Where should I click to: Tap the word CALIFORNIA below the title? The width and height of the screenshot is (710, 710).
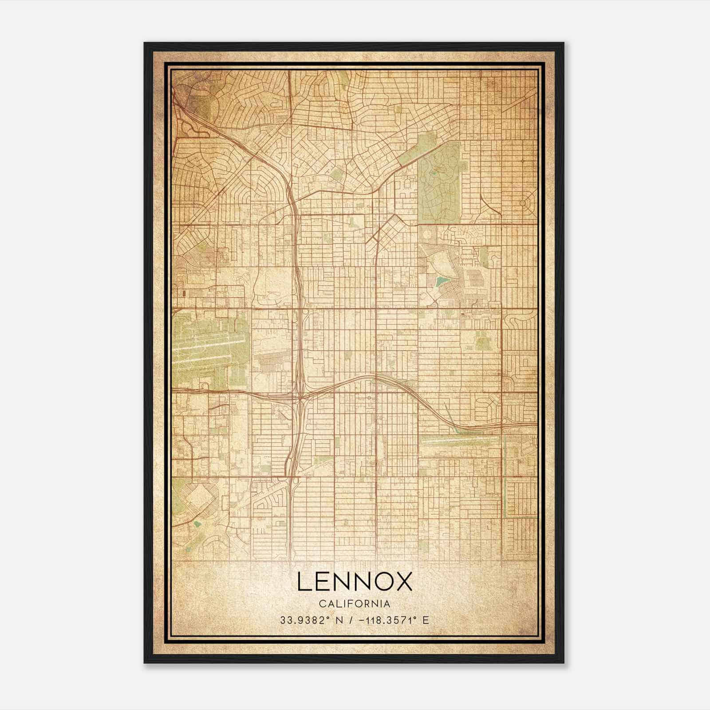355,604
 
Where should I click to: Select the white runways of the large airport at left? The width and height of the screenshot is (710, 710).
204,351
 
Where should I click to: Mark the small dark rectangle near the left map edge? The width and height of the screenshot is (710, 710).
184,293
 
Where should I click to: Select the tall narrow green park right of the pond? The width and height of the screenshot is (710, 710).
483,257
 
